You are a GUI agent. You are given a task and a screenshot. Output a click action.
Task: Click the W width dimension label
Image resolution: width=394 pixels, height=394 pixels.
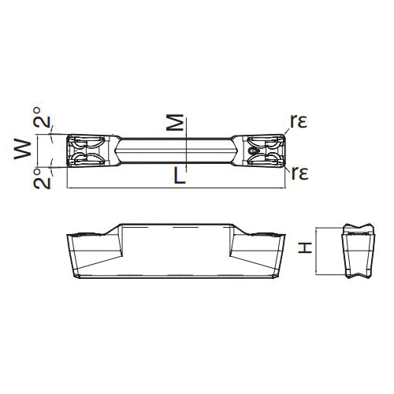pyautogui.click(x=23, y=150)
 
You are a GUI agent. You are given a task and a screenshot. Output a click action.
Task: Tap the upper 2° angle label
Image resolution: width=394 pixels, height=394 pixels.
pyautogui.click(x=42, y=117)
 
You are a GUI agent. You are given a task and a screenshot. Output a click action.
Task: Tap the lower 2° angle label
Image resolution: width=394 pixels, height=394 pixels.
pyautogui.click(x=42, y=179)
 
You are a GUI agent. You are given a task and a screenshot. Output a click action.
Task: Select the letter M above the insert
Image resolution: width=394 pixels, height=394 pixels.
pyautogui.click(x=175, y=122)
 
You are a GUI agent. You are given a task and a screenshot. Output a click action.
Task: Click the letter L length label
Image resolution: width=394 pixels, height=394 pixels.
pyautogui.click(x=180, y=176)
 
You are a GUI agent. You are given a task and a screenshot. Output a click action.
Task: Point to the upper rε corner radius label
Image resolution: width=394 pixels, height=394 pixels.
pyautogui.click(x=299, y=121)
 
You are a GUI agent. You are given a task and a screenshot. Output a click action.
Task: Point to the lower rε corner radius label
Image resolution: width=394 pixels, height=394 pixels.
pyautogui.click(x=299, y=173)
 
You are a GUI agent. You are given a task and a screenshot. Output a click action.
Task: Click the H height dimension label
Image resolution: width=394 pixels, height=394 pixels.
pyautogui.click(x=305, y=248)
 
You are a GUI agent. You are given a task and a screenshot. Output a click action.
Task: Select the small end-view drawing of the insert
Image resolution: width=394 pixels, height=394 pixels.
pyautogui.click(x=358, y=251)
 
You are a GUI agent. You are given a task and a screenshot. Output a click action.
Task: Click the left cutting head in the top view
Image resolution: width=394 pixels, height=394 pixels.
pyautogui.click(x=90, y=151)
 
